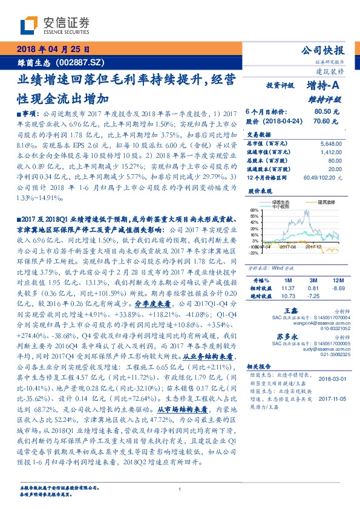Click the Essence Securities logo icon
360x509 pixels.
(x=28, y=26)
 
